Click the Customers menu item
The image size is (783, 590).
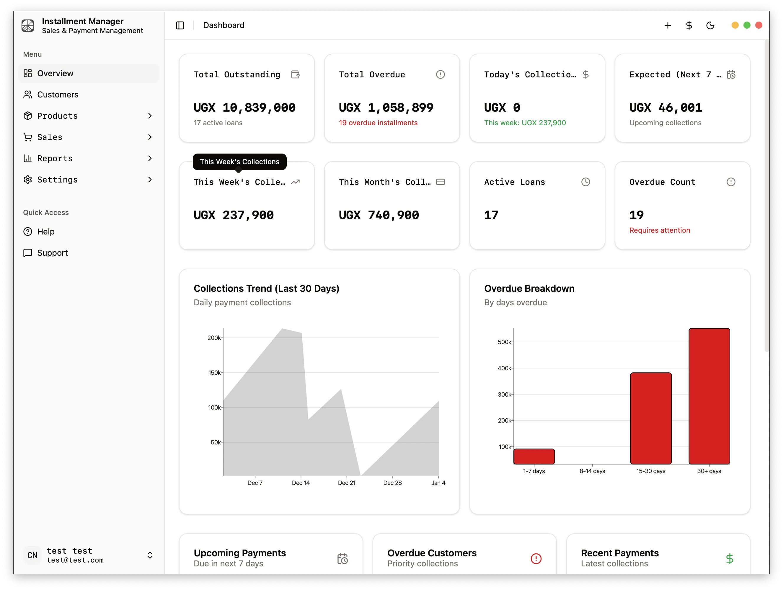point(57,94)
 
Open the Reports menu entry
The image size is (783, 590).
point(55,158)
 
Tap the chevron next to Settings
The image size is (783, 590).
point(150,180)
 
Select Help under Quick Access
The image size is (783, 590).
point(46,232)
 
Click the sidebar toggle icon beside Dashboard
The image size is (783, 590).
point(180,25)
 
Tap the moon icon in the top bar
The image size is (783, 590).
point(710,25)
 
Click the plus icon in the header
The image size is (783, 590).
point(668,25)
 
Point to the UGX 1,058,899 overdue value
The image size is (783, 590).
point(386,107)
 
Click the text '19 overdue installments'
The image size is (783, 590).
point(378,123)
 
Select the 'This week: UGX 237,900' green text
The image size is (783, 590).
point(525,123)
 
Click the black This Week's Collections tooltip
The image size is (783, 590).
point(239,162)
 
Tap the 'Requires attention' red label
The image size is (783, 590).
point(660,230)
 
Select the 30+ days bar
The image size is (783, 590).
point(709,396)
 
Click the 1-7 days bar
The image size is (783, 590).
point(534,456)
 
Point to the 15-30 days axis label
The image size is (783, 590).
point(651,471)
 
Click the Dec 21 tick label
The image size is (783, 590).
point(347,483)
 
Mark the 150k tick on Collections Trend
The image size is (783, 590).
point(214,373)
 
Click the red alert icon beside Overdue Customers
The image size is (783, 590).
point(536,558)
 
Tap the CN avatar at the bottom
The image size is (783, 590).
point(32,555)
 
